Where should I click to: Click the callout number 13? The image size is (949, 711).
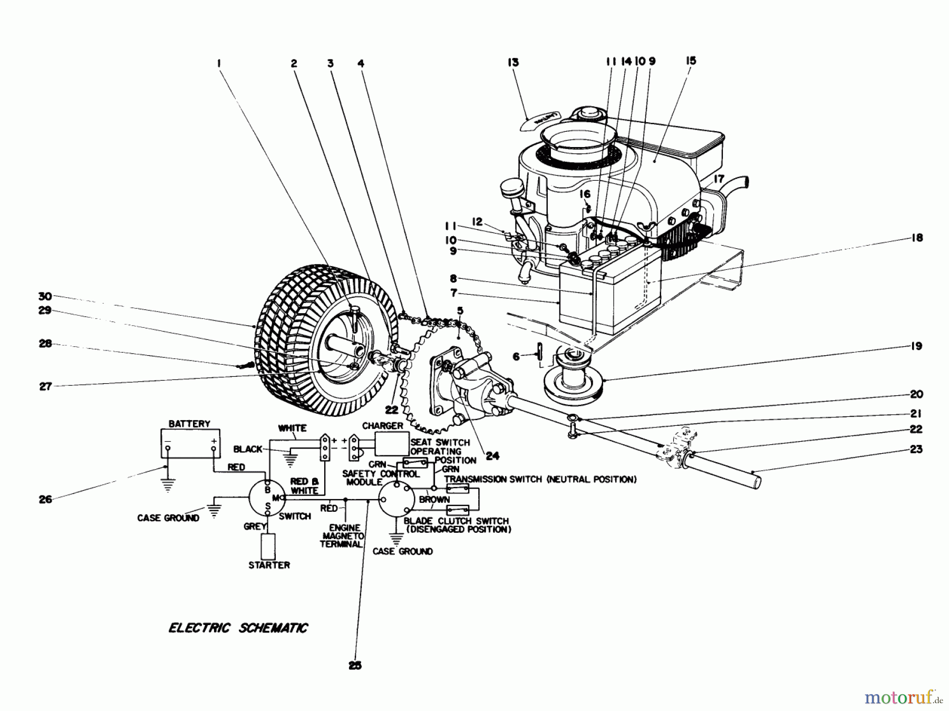513,62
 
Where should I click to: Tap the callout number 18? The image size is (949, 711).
917,238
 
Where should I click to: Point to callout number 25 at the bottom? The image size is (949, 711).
355,666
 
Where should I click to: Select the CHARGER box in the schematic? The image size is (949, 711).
392,443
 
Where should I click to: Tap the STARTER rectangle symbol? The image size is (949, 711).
269,547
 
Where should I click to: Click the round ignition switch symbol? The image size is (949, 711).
267,498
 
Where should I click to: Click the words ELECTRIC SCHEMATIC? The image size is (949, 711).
238,628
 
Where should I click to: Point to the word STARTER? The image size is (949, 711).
269,565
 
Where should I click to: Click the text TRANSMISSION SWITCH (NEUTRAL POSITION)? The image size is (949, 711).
540,479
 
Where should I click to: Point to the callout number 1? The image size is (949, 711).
218,63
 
